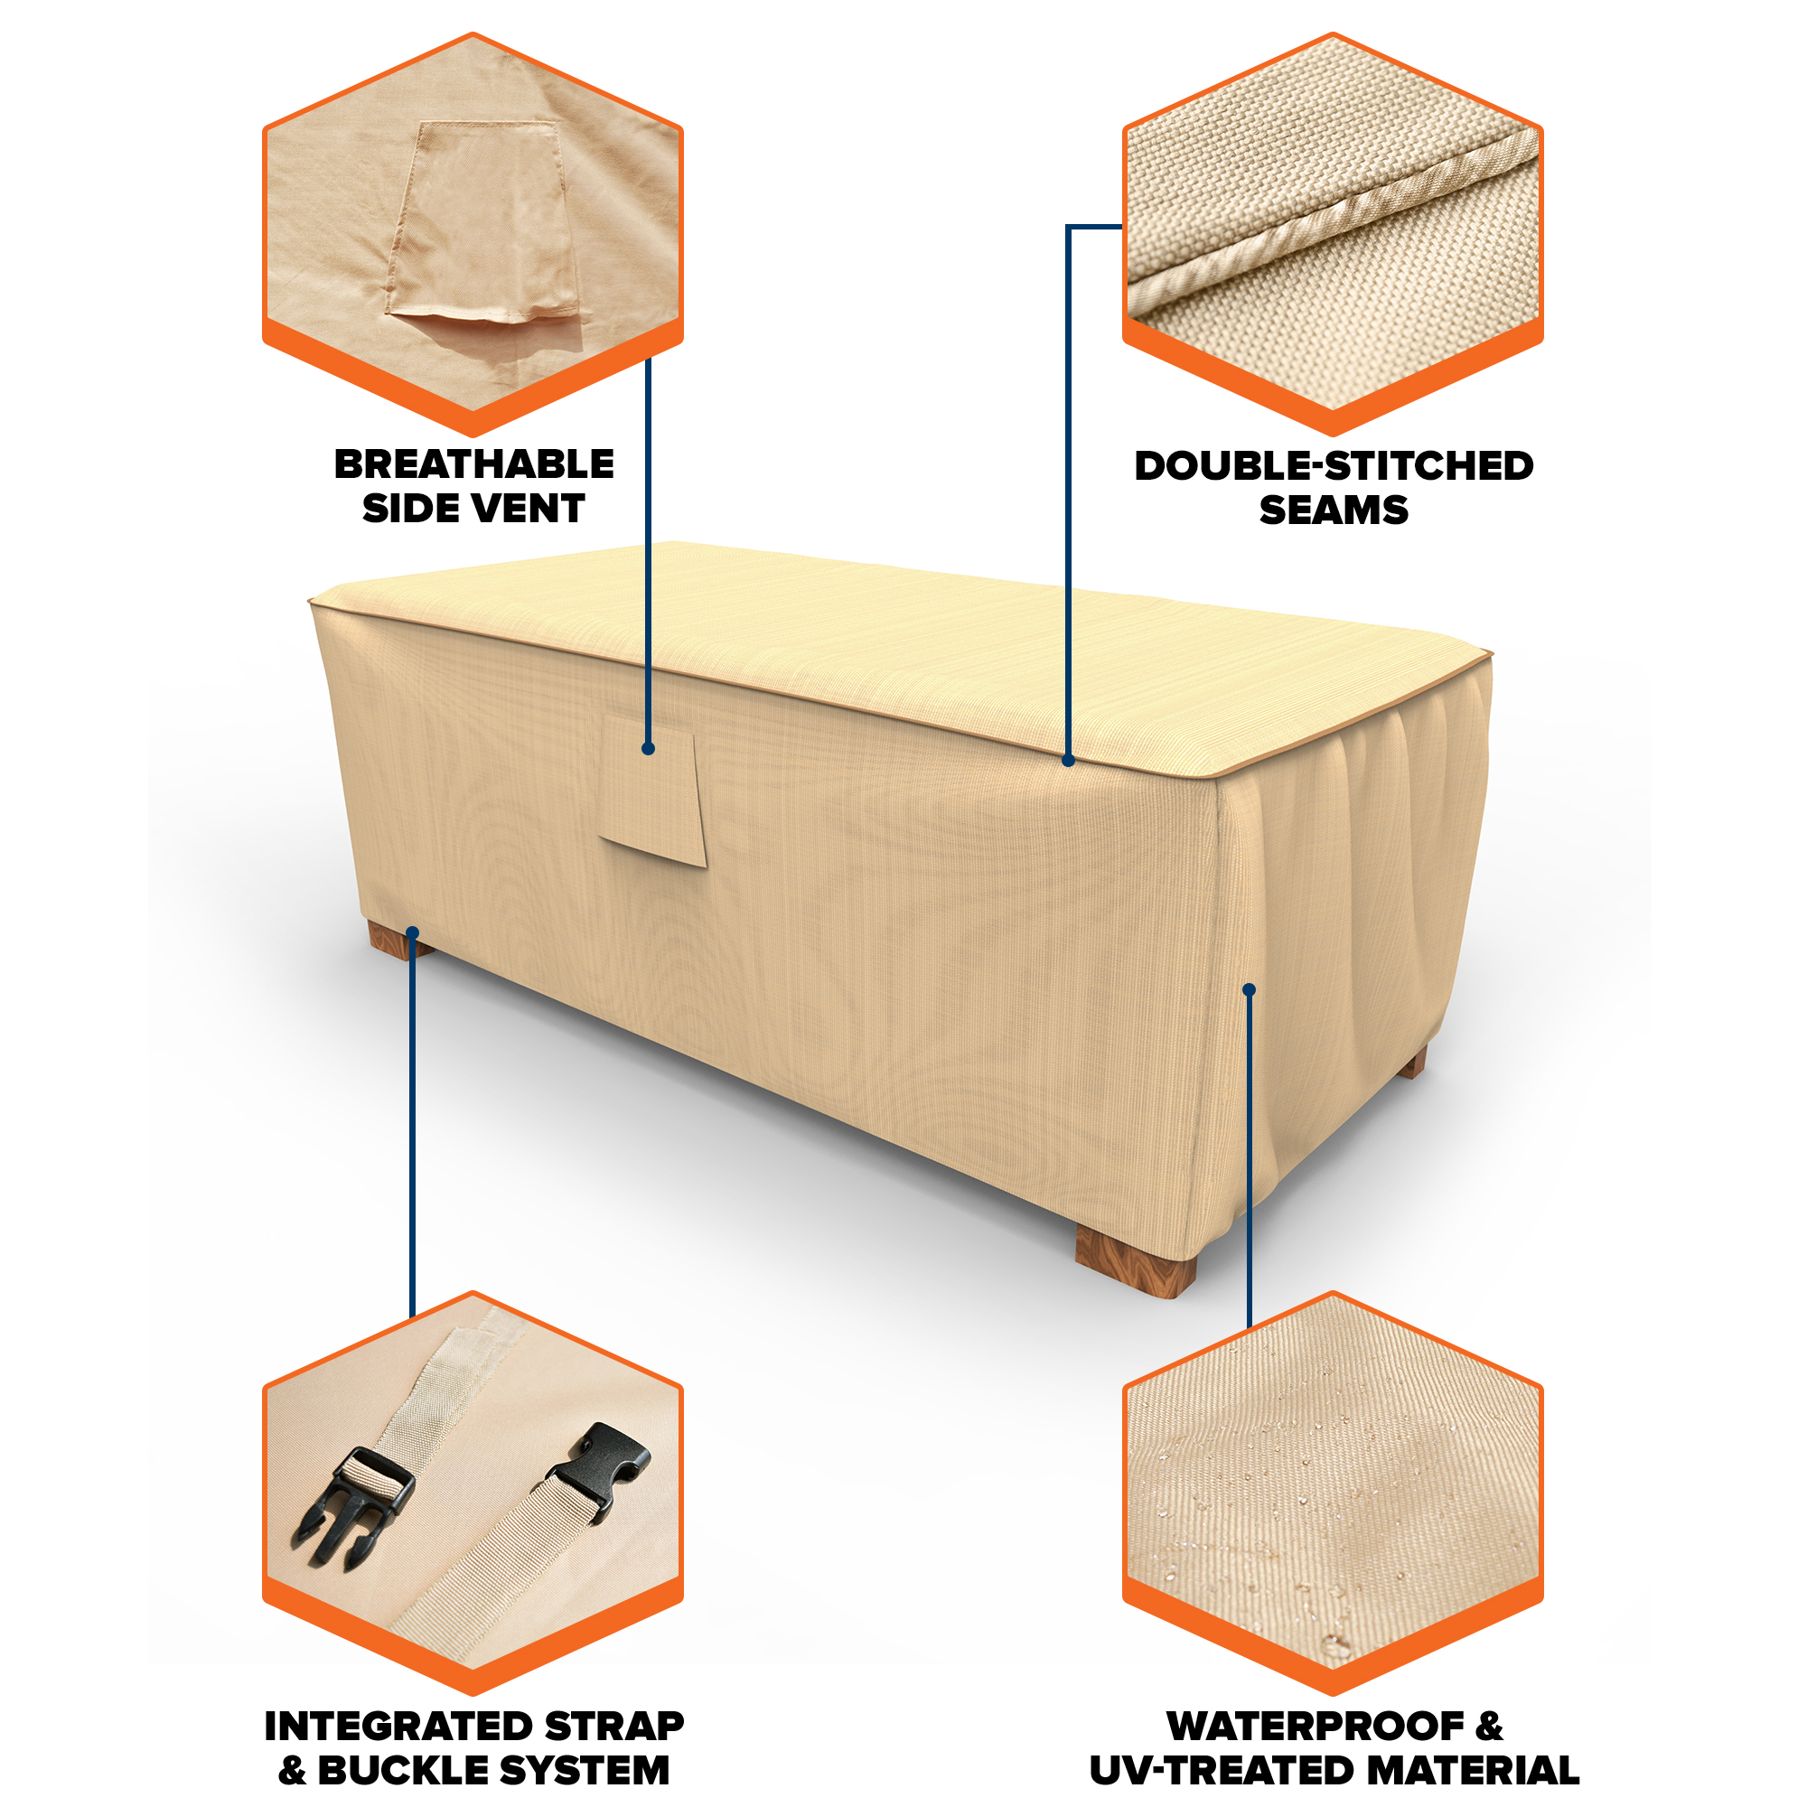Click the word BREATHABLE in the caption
(x=474, y=464)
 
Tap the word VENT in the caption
(x=530, y=509)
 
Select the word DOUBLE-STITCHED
(x=1334, y=467)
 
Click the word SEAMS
(x=1334, y=510)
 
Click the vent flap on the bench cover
(x=653, y=791)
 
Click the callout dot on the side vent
(x=648, y=748)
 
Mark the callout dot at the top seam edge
(x=1068, y=762)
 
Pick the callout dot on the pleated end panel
(x=1249, y=989)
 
